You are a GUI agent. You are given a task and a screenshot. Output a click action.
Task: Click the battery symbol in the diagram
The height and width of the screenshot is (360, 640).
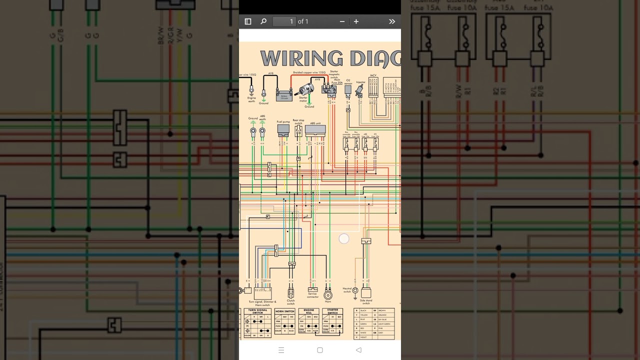tap(284, 94)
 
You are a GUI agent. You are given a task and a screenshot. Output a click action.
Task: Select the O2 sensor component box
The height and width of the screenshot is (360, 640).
tap(348, 89)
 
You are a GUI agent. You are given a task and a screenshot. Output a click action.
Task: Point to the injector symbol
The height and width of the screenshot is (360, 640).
tap(359, 90)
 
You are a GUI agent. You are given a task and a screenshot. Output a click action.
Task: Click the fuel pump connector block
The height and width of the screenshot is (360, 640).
tap(283, 129)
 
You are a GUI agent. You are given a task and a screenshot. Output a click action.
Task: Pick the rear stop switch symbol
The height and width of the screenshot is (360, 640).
tap(298, 130)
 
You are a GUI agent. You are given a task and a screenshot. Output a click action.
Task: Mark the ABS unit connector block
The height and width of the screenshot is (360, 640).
tap(315, 130)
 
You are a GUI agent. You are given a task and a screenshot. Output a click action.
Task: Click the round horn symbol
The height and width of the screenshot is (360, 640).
tap(328, 294)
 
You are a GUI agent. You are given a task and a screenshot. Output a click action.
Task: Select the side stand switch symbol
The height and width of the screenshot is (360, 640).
tap(366, 293)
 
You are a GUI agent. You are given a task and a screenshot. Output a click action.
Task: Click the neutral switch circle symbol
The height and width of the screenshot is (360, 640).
tap(355, 290)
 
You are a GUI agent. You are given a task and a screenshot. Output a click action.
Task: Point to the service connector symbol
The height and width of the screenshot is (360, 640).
tap(312, 289)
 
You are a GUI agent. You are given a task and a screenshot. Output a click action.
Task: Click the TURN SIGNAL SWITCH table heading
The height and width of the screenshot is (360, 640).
tap(257, 311)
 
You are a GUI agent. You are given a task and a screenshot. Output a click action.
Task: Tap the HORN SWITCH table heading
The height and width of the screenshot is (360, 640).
tap(284, 311)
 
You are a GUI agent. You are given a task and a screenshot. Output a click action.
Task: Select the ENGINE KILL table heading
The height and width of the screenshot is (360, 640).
tap(308, 311)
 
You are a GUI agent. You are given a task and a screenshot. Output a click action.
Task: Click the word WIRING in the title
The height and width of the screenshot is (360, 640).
tap(301, 59)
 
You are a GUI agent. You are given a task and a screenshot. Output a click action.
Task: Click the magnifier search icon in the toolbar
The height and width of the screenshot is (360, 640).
tap(263, 21)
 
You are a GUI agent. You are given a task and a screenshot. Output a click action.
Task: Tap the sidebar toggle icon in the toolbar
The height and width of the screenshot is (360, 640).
tap(247, 21)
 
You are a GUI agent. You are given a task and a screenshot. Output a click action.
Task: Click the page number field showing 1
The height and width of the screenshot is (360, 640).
tap(284, 21)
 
